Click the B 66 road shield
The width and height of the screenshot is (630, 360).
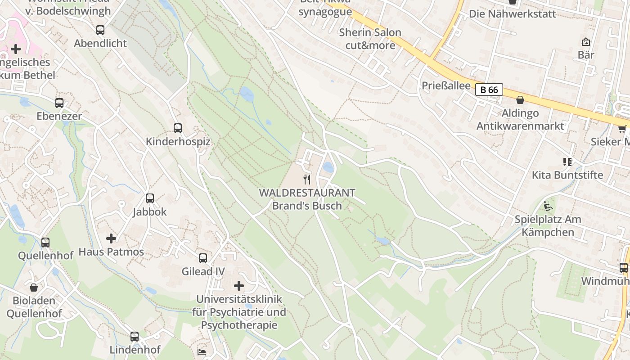click(489, 90)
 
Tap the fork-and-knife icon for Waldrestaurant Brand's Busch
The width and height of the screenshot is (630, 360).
click(307, 179)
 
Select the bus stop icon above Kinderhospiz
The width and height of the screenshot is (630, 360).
click(178, 128)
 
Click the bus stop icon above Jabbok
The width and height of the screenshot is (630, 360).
click(150, 198)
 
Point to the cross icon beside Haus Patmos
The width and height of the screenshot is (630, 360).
click(111, 238)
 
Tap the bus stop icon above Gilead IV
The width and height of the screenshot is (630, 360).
click(203, 258)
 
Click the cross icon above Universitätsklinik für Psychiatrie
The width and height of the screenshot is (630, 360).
click(239, 286)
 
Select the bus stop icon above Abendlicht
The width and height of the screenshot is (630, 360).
click(100, 30)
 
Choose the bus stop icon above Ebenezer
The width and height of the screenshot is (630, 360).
click(59, 103)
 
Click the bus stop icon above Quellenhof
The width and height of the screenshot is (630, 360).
click(45, 243)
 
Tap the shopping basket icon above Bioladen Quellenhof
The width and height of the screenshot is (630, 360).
click(34, 287)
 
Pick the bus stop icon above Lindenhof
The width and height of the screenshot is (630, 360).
click(135, 336)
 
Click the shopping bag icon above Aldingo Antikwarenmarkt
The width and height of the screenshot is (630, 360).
click(520, 100)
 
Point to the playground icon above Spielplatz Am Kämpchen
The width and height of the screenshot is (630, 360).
click(548, 206)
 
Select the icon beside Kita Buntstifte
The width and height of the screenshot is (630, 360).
click(567, 162)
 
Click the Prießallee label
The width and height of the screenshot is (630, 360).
click(446, 85)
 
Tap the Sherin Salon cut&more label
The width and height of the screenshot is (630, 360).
click(370, 39)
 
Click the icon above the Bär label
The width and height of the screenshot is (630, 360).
click(586, 42)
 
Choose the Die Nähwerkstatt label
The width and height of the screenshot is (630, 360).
click(513, 13)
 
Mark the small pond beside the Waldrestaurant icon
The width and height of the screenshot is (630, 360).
click(328, 167)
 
